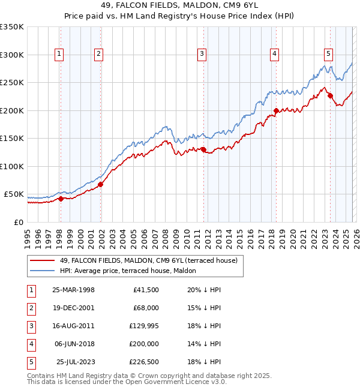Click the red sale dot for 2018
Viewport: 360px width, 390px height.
point(276,110)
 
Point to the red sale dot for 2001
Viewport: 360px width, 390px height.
point(100,184)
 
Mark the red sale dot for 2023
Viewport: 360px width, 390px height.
point(330,95)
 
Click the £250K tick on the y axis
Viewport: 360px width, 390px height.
point(12,83)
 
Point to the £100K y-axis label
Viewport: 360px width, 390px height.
point(12,166)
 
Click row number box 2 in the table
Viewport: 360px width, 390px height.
point(30,308)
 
